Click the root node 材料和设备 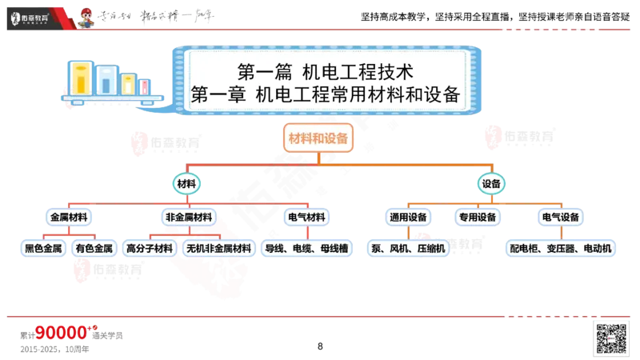coord(318,138)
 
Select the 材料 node coord(186,184)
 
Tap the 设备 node coord(491,184)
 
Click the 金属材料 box coord(69,217)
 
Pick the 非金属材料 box coord(189,217)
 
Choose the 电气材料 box coord(306,217)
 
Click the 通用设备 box coord(409,217)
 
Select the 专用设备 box coord(478,217)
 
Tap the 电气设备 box coord(561,217)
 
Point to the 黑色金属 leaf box coord(43,249)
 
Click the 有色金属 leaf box coord(94,249)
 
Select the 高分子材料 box coord(150,249)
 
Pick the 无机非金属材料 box coord(218,249)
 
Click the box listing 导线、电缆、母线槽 coord(306,249)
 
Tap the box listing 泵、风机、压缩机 coord(408,249)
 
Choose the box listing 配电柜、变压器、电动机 coord(561,249)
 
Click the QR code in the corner coord(610,338)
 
